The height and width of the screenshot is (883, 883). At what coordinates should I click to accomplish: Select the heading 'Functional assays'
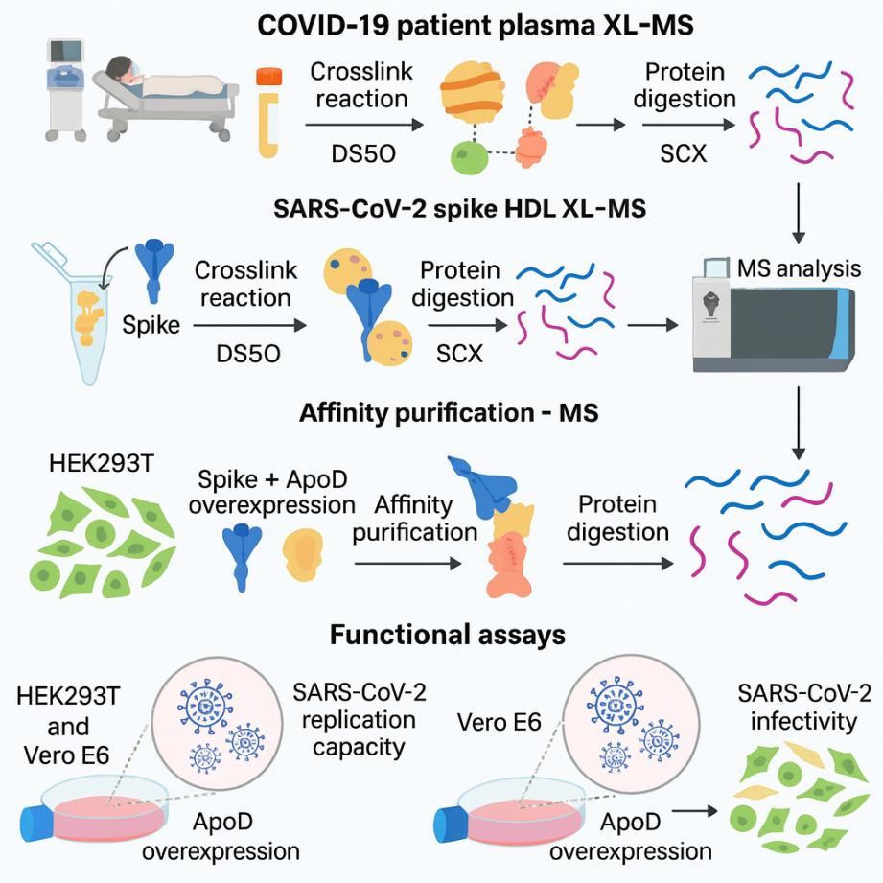(x=447, y=635)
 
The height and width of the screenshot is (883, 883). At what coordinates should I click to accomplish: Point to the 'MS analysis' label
(x=799, y=267)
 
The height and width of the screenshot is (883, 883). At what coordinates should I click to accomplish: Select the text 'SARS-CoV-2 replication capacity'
(x=354, y=719)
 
